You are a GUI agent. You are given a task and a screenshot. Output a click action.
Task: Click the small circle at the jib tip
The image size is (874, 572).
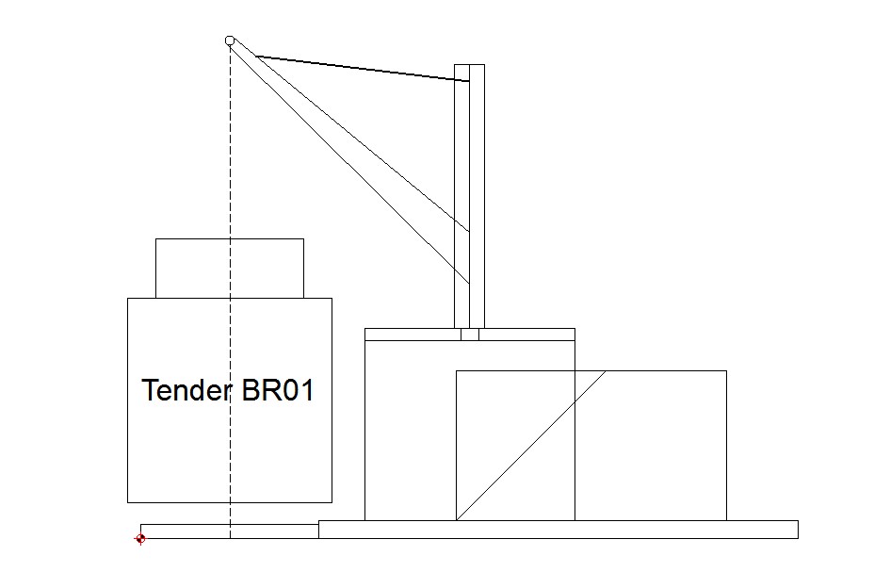[230, 41]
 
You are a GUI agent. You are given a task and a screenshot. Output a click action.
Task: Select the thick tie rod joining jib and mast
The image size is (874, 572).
[363, 69]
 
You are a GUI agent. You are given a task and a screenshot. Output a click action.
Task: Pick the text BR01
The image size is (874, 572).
[278, 390]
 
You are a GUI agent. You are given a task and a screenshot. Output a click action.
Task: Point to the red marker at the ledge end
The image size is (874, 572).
[140, 538]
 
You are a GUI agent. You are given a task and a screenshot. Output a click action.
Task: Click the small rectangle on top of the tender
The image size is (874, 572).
[230, 268]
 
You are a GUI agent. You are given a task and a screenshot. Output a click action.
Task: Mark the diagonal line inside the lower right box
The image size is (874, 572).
[530, 445]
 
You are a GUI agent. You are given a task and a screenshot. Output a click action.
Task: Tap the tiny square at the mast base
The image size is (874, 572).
[470, 334]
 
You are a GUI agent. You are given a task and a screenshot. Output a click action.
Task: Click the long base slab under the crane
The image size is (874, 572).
[558, 530]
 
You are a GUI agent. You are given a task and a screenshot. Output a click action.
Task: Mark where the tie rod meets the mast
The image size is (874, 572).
[468, 82]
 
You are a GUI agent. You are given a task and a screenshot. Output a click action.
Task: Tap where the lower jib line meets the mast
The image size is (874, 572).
[468, 281]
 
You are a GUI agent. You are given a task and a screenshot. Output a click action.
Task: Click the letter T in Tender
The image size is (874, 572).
[149, 390]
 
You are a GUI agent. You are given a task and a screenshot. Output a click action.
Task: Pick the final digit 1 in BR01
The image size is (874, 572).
[306, 390]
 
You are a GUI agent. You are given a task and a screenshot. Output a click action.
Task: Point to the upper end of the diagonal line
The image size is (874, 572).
[605, 371]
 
